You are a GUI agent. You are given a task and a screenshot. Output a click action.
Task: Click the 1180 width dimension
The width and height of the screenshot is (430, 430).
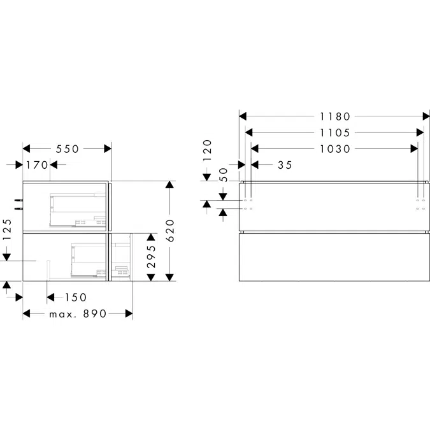(x=335, y=117)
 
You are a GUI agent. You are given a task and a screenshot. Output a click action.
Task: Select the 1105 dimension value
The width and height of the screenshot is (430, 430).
(x=335, y=133)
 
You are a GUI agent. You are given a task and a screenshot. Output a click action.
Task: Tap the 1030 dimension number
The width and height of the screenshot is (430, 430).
(x=335, y=149)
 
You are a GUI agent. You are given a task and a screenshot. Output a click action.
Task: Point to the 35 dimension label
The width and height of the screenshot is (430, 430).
(x=285, y=165)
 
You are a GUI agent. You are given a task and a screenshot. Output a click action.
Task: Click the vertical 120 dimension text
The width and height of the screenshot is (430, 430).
(x=208, y=150)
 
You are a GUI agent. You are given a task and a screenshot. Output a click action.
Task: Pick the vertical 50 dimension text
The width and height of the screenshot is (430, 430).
(x=224, y=175)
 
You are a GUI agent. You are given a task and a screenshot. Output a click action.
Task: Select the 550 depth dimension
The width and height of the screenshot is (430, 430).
(x=67, y=149)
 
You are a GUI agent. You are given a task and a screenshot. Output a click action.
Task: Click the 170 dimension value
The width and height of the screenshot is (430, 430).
(x=37, y=165)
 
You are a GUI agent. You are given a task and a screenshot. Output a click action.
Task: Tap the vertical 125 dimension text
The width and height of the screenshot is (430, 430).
(x=8, y=229)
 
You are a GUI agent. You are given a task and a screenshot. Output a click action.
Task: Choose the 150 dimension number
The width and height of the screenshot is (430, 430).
(x=76, y=297)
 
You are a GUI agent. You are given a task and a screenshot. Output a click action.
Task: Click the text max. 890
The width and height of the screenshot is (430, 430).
(x=78, y=313)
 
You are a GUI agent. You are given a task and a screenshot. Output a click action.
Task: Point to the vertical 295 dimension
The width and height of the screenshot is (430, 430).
(x=151, y=257)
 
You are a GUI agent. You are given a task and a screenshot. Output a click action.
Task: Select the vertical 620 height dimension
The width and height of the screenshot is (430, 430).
(x=170, y=231)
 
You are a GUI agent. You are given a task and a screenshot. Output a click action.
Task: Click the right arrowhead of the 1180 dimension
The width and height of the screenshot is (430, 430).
(x=426, y=117)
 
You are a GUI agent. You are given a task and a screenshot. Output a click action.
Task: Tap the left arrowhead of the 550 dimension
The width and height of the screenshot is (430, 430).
(x=26, y=149)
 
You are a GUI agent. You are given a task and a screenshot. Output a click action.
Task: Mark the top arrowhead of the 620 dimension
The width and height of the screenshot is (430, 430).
(x=169, y=184)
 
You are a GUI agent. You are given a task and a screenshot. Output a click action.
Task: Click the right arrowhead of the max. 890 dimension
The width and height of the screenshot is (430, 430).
(x=129, y=313)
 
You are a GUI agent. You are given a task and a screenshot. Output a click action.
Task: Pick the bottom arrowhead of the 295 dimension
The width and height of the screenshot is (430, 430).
(x=151, y=278)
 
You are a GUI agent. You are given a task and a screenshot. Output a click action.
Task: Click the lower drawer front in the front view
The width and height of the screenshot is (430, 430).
(x=334, y=257)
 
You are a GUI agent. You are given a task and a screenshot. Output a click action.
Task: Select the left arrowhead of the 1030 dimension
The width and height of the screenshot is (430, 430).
(x=255, y=149)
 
